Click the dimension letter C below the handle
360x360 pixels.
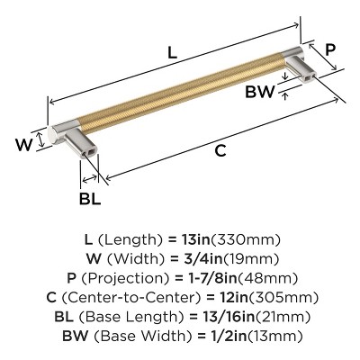(x=219, y=151)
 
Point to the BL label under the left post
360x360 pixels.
(x=90, y=197)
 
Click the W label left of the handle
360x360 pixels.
(x=29, y=142)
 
